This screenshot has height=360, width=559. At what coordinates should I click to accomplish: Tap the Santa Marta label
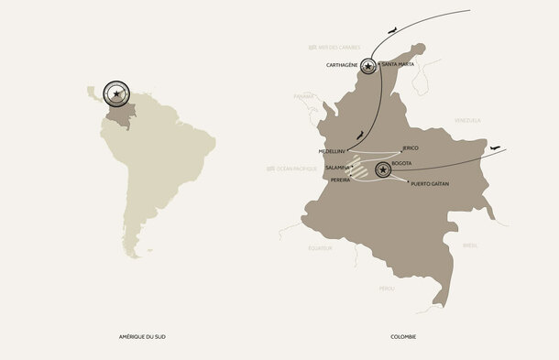coord(397,64)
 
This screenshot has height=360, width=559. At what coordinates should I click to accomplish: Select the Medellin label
coord(330,151)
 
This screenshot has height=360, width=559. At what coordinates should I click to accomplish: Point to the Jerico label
coord(410,147)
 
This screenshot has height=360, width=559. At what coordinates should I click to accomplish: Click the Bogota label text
coord(403,164)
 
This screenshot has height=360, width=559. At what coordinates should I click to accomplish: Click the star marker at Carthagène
coord(368,66)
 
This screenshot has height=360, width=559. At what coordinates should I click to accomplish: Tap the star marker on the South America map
coord(116,93)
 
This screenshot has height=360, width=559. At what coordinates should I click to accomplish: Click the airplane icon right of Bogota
coord(496,148)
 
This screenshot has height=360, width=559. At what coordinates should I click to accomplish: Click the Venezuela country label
coord(467,121)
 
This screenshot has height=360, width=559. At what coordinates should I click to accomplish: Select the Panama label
coord(303,95)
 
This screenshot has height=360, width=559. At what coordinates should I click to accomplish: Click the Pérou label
coord(387,288)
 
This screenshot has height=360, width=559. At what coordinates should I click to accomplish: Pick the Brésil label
coord(471,245)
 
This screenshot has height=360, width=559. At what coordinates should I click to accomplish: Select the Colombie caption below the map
coord(403,337)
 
